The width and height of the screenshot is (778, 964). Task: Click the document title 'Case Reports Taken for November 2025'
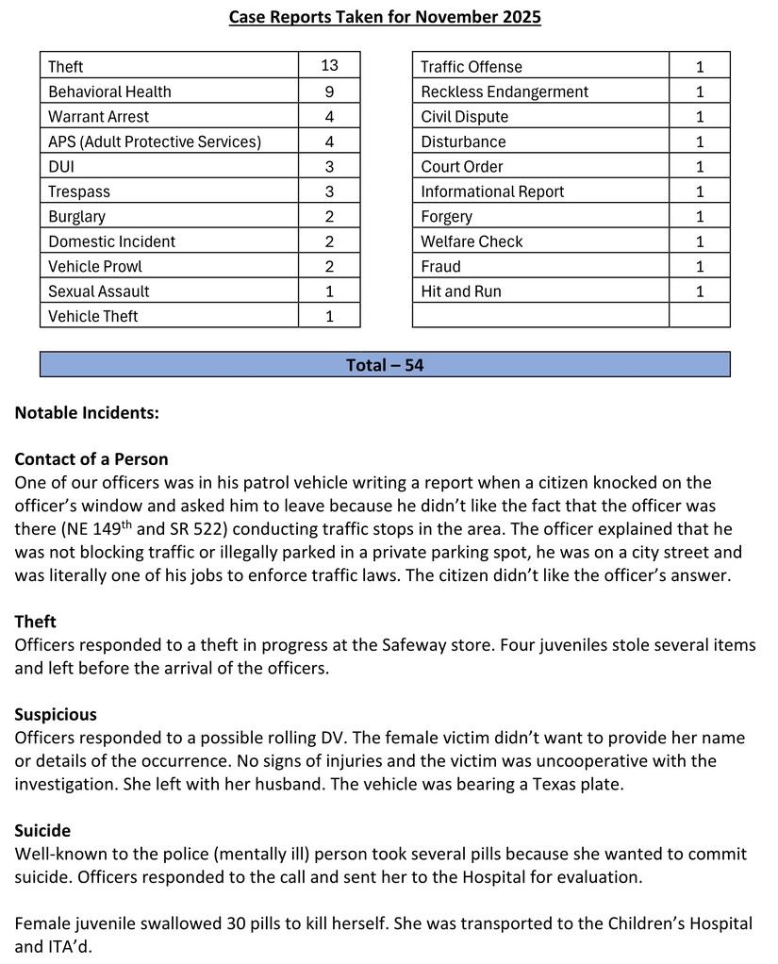tap(385, 17)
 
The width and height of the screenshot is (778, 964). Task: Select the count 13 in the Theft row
tap(329, 66)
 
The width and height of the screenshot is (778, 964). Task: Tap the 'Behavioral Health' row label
tap(109, 91)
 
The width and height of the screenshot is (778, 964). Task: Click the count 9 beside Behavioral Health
tap(329, 91)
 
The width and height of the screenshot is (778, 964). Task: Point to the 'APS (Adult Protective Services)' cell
tap(155, 141)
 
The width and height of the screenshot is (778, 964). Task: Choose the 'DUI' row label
tap(61, 166)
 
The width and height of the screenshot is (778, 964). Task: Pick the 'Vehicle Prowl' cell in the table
tap(95, 266)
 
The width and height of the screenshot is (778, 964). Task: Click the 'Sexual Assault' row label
tap(99, 291)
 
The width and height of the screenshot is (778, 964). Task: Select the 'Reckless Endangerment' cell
tap(505, 91)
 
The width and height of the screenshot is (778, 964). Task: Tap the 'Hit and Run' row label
tap(461, 291)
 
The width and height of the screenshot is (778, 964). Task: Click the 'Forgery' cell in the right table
tap(447, 216)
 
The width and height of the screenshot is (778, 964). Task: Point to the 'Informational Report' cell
tap(492, 191)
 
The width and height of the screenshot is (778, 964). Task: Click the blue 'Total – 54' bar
tap(385, 364)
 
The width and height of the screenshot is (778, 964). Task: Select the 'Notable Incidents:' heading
tap(87, 413)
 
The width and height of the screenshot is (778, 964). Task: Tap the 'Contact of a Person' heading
tap(91, 459)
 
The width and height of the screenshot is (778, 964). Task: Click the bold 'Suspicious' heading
tap(56, 714)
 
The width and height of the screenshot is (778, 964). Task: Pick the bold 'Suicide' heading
tap(42, 831)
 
